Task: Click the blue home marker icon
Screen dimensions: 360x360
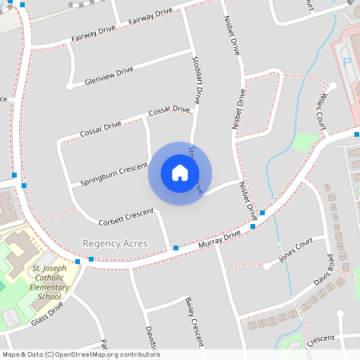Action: (x=180, y=173)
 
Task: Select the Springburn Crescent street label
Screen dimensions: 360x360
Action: (x=114, y=175)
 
